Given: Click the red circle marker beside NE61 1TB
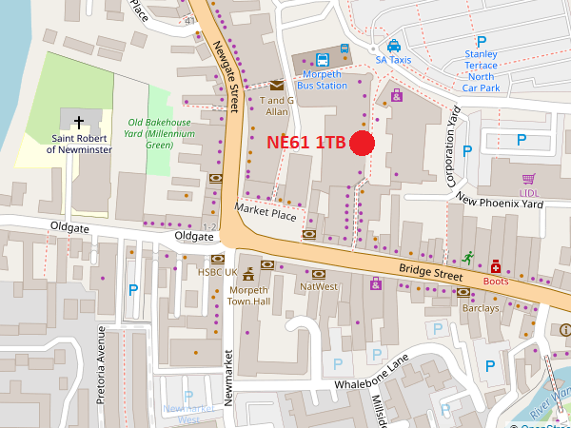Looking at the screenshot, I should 362,144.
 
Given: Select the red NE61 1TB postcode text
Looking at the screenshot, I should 305,144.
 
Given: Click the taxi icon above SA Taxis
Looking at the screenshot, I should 393,45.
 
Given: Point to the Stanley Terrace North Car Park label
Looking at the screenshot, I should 481,71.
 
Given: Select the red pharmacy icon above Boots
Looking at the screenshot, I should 496,267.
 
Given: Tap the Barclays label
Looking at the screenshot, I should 480,308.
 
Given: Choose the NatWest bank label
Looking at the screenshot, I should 319,286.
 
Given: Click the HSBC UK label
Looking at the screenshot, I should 217,272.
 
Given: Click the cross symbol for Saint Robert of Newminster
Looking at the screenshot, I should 78,122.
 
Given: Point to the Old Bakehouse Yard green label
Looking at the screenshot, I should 160,133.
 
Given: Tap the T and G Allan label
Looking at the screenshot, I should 276,106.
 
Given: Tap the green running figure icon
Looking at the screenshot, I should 467,257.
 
